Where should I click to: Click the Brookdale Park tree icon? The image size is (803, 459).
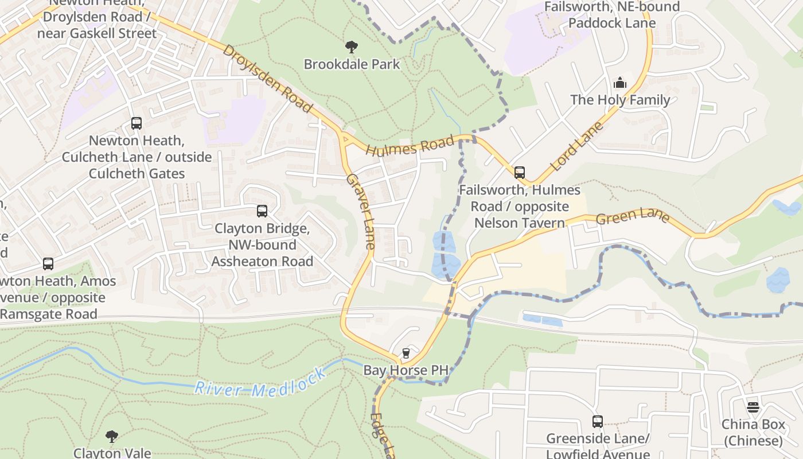pyautogui.click(x=352, y=47)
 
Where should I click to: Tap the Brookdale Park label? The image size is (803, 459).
pyautogui.click(x=352, y=64)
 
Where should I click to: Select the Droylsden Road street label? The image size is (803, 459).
pyautogui.click(x=267, y=79)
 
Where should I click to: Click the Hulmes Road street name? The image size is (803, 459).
pyautogui.click(x=410, y=147)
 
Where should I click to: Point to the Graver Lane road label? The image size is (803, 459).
pyautogui.click(x=360, y=211)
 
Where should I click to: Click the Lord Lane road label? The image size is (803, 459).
pyautogui.click(x=577, y=146)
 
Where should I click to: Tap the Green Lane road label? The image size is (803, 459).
pyautogui.click(x=632, y=216)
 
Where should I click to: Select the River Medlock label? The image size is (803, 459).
pyautogui.click(x=260, y=381)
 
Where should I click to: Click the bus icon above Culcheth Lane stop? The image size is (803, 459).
pyautogui.click(x=137, y=123)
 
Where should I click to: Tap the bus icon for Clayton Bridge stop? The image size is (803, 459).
pyautogui.click(x=262, y=211)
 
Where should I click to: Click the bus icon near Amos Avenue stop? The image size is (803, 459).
pyautogui.click(x=48, y=264)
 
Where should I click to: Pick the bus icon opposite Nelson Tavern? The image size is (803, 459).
pyautogui.click(x=519, y=173)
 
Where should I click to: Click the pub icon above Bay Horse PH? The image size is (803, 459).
pyautogui.click(x=406, y=353)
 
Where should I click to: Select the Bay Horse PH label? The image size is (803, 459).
pyautogui.click(x=406, y=371)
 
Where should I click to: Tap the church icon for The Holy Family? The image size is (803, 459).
pyautogui.click(x=619, y=83)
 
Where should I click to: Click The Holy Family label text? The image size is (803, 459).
pyautogui.click(x=619, y=100)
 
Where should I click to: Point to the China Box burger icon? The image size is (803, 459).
pyautogui.click(x=753, y=407)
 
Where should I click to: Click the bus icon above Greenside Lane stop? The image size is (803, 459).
pyautogui.click(x=597, y=422)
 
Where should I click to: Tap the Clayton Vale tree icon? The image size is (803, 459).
pyautogui.click(x=112, y=437)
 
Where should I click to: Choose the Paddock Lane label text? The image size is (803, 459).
pyautogui.click(x=612, y=24)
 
